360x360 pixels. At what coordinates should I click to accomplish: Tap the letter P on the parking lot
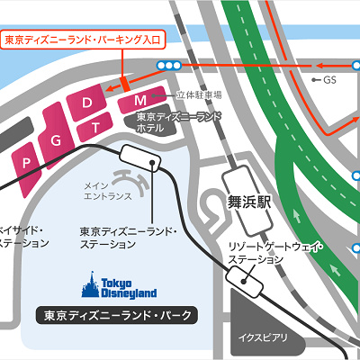29,162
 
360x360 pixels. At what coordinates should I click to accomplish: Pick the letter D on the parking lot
87,103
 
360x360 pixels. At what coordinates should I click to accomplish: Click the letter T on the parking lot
95,128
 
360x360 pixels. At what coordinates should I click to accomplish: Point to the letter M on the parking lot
140,99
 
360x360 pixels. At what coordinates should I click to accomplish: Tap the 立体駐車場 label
200,94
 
